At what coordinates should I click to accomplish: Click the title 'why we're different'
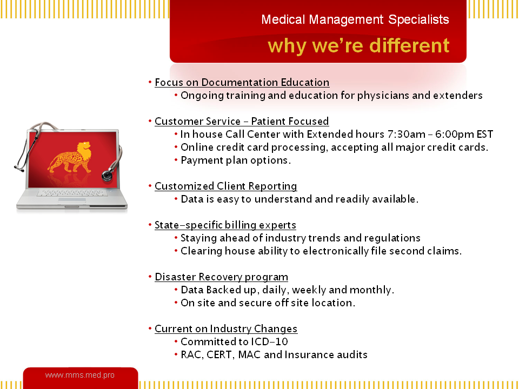[x=358, y=45]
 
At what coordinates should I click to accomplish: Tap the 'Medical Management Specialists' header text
[x=355, y=19]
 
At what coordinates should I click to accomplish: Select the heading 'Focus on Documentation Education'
[x=242, y=82]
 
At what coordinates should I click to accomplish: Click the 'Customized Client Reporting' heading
[x=226, y=186]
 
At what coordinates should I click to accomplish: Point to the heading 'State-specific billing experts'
[x=225, y=225]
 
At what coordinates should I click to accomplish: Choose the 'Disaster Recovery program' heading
[x=222, y=277]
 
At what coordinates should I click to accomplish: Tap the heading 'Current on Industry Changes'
[x=226, y=329]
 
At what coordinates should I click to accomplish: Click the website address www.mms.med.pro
[x=80, y=375]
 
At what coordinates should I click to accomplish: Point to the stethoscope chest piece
[x=107, y=175]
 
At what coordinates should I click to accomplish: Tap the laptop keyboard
[x=72, y=193]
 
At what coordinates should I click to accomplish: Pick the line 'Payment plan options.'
[x=236, y=160]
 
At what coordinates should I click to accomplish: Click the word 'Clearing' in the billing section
[x=201, y=251]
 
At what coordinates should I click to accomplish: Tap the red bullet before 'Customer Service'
[x=150, y=121]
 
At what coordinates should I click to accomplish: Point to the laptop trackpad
[x=72, y=200]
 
